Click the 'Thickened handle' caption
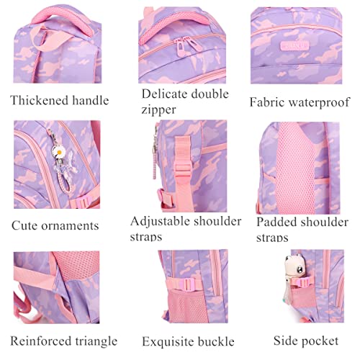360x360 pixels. (60, 100)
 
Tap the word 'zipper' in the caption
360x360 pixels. (158, 110)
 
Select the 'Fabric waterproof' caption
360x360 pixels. (300, 102)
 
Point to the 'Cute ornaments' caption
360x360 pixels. (55, 225)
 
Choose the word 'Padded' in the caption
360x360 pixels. (276, 222)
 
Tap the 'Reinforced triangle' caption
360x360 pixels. (63, 341)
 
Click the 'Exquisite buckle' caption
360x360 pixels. (188, 341)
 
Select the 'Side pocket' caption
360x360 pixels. (306, 341)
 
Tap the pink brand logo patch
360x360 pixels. (294, 45)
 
